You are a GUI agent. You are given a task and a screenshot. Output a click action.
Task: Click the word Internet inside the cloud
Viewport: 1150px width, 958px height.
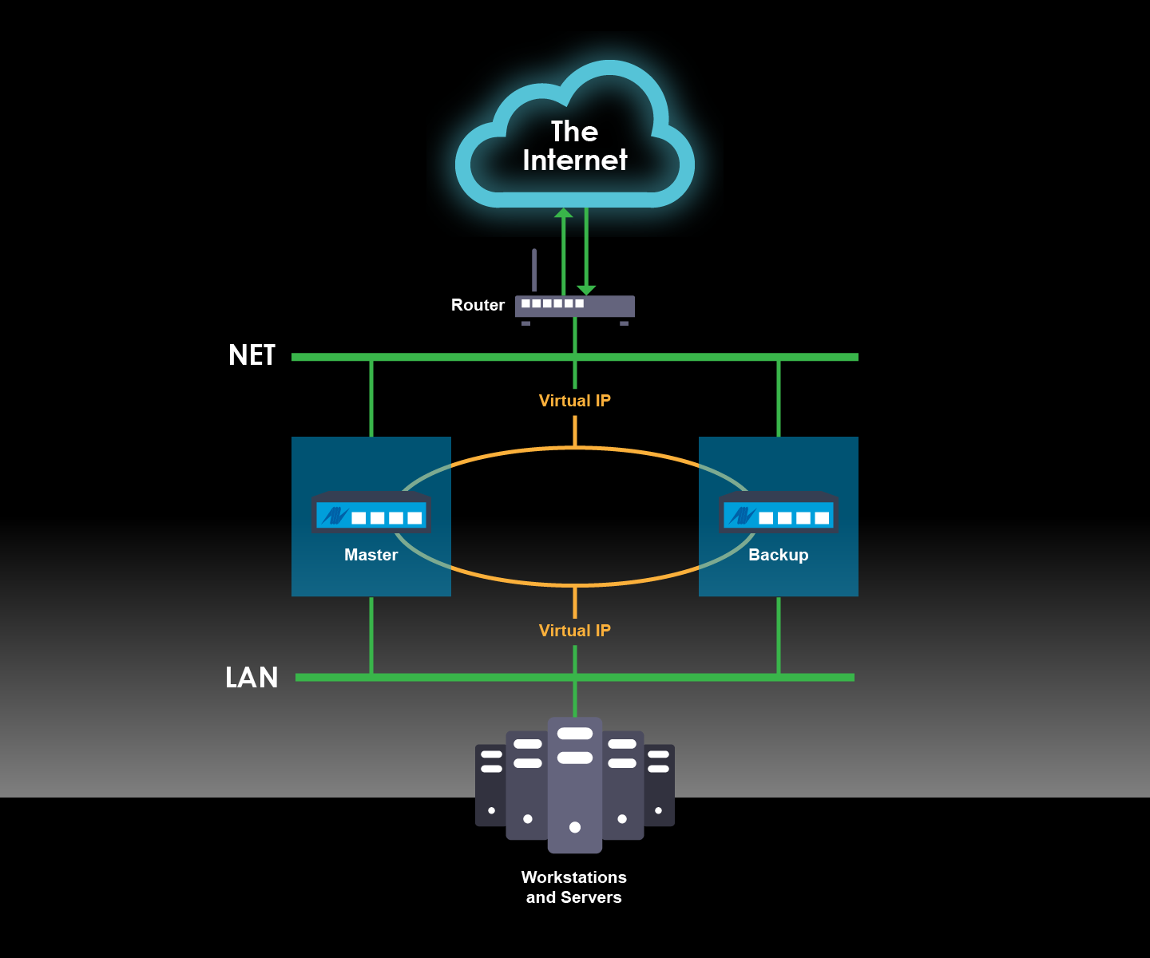574,160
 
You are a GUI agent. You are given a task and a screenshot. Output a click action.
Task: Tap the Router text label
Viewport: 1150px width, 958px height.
478,305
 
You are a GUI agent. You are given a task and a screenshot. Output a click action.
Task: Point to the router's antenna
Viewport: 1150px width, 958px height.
534,270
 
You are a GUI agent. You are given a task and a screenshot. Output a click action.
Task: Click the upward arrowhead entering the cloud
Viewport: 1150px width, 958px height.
564,213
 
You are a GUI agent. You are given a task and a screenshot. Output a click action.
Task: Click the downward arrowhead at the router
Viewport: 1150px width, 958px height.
586,290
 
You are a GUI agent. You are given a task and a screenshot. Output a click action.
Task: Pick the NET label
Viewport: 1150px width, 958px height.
252,355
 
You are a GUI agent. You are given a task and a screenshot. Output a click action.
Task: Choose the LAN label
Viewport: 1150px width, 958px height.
252,678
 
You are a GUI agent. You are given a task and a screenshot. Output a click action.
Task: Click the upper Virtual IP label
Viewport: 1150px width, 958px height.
574,401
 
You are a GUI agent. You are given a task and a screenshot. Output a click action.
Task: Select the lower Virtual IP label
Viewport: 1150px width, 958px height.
574,631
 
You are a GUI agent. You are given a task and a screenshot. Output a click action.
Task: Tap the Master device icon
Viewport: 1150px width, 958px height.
371,513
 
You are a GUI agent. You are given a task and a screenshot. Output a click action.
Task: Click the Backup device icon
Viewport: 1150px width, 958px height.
779,513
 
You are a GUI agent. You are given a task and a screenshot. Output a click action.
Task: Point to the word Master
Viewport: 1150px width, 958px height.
371,555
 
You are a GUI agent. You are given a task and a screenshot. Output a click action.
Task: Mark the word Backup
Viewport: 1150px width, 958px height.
778,555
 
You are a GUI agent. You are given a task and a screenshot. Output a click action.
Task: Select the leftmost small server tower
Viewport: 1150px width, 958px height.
490,786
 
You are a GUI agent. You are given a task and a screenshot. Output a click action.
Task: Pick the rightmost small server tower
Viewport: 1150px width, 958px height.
660,786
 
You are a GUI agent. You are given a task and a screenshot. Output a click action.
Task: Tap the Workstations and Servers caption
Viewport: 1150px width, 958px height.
573,887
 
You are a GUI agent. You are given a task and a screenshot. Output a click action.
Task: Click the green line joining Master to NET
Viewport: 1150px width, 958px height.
371,399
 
